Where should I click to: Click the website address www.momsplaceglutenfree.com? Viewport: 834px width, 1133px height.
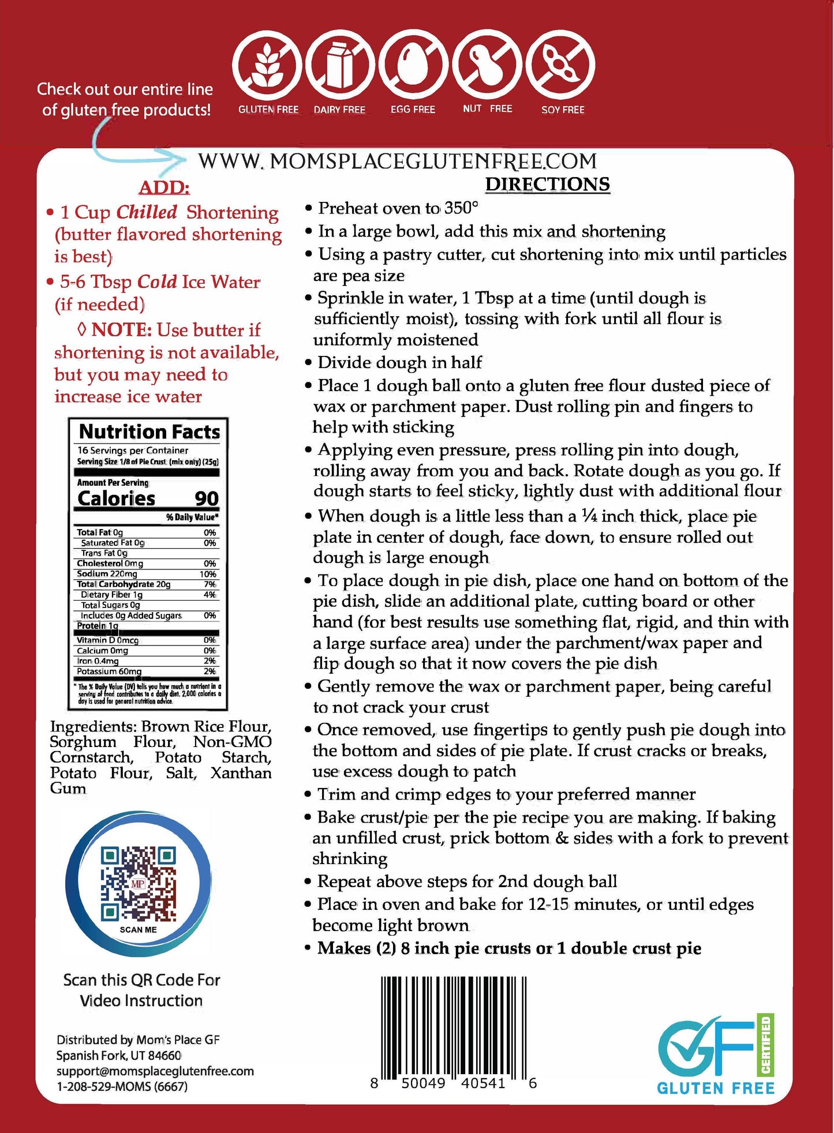click(x=397, y=162)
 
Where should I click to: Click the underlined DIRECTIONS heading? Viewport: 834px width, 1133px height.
click(x=547, y=184)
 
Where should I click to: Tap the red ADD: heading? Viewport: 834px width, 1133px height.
click(x=164, y=187)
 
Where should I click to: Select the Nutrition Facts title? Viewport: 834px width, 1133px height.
click(x=149, y=432)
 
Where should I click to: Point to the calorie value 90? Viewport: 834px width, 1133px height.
click(x=206, y=498)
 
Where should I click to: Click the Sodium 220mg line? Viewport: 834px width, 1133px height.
click(x=107, y=574)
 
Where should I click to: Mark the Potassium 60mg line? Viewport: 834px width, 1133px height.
click(x=109, y=671)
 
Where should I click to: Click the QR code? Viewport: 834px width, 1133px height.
click(x=139, y=883)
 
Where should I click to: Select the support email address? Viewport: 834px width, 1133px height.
click(x=155, y=1071)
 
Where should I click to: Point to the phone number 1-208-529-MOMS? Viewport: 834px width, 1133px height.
click(x=122, y=1086)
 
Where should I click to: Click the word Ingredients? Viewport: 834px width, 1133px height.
click(x=92, y=727)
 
